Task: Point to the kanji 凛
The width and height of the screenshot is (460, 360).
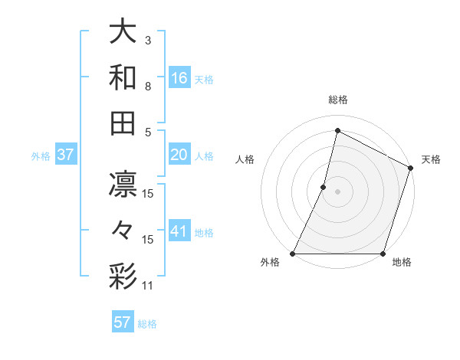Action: click(123, 186)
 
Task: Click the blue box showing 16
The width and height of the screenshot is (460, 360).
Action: click(179, 77)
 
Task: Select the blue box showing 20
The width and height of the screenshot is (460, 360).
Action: click(179, 155)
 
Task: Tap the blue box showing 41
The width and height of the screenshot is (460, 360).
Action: click(179, 231)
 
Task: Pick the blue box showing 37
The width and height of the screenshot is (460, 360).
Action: click(66, 155)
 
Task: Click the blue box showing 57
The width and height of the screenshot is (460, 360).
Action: click(123, 322)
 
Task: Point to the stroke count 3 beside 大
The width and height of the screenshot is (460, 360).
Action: click(147, 40)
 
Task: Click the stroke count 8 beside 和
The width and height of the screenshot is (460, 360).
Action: click(147, 86)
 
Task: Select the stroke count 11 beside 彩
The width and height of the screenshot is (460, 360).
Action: click(148, 285)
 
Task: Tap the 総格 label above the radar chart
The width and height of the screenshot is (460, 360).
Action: click(337, 100)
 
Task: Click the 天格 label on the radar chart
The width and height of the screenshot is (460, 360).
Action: click(431, 159)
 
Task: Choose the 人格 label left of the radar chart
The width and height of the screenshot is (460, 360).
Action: click(244, 159)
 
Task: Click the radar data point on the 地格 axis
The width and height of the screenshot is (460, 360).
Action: click(383, 254)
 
